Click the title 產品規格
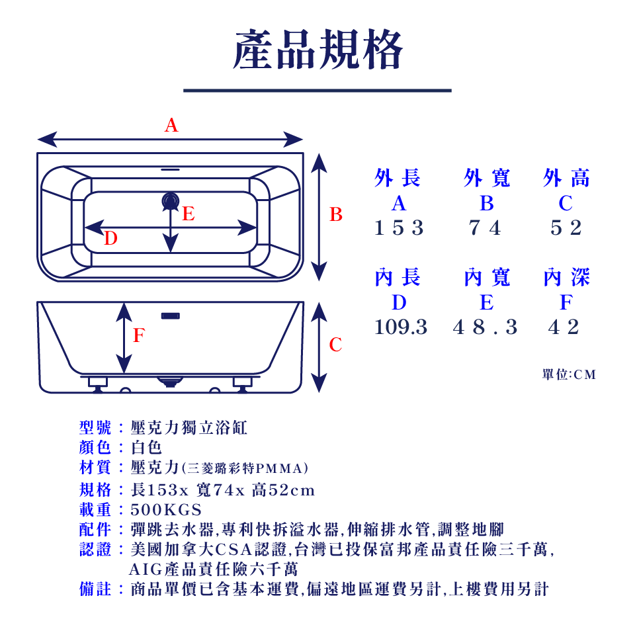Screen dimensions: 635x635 [x=318, y=50]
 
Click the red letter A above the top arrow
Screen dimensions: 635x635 [x=171, y=125]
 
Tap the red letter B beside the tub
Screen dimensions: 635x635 [x=336, y=214]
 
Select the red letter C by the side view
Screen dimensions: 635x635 [x=335, y=345]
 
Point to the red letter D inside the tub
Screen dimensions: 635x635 [x=110, y=238]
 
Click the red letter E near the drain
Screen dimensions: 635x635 [x=189, y=214]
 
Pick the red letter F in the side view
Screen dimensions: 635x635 [x=139, y=335]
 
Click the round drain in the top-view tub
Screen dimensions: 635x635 [x=171, y=201]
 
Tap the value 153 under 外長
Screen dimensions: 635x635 [x=399, y=228]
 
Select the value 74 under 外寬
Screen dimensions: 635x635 [x=485, y=228]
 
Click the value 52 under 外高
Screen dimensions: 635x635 [x=566, y=228]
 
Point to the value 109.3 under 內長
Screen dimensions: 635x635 [x=401, y=327]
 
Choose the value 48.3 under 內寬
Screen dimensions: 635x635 [x=485, y=327]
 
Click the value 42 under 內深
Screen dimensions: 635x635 [x=564, y=327]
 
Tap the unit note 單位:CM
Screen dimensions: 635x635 [x=569, y=374]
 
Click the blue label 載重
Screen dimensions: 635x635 [x=95, y=509]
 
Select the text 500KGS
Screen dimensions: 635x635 [x=166, y=510]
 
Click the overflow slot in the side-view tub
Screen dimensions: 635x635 [x=171, y=316]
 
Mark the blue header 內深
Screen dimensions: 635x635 [x=567, y=277]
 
